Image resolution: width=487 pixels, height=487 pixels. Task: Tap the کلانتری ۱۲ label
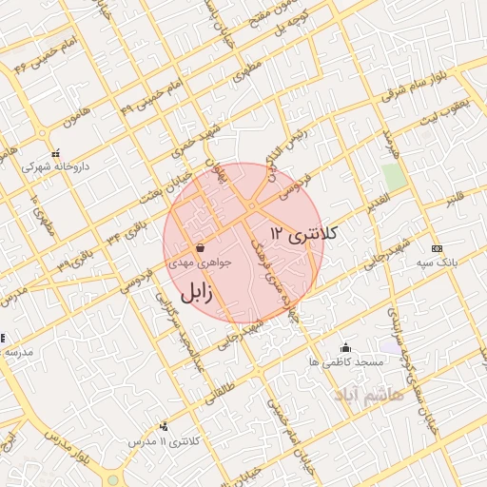tap(304, 233)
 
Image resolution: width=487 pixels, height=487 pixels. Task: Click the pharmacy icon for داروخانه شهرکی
tap(56, 152)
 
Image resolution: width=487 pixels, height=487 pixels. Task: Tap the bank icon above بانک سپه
tap(436, 248)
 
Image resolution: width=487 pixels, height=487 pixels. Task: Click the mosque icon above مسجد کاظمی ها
tap(345, 348)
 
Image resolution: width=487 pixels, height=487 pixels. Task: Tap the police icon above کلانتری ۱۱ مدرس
tap(165, 427)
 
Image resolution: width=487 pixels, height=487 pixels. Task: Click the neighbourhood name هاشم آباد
tap(363, 392)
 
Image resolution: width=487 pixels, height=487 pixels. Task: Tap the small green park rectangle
tap(393, 177)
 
